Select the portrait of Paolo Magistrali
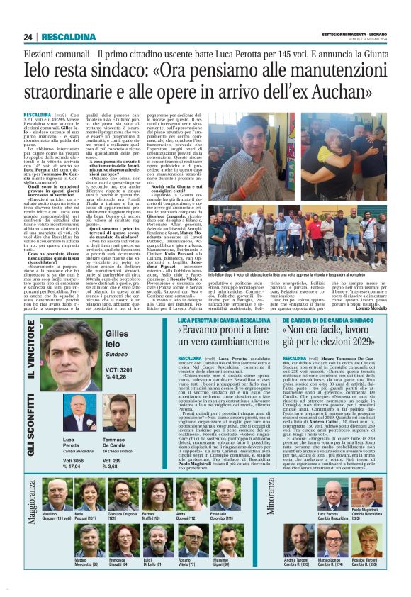365,494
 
